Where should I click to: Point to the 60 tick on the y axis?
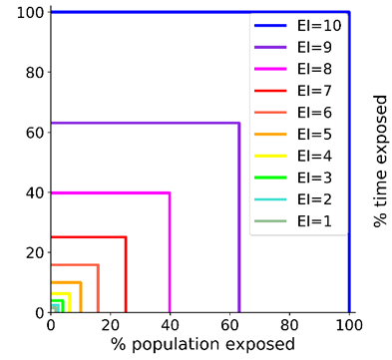click(35, 132)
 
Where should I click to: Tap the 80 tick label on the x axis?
click(289, 326)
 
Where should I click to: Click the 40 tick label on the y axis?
click(35, 192)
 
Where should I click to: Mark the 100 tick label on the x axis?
click(349, 326)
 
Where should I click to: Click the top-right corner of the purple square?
click(239, 123)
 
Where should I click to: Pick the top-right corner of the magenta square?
click(170, 192)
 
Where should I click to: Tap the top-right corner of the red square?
click(126, 237)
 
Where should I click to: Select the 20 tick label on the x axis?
click(110, 326)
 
